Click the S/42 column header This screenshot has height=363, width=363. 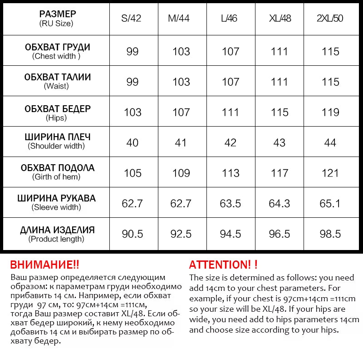click(132, 19)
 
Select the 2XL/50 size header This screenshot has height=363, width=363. click(330, 19)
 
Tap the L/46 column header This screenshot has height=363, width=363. click(231, 19)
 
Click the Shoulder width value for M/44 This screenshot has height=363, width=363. click(181, 142)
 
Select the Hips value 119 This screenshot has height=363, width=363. click(330, 112)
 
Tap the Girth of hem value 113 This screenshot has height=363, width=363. click(231, 173)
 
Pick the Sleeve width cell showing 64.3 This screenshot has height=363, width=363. click(280, 203)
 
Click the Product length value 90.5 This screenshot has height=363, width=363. click(132, 234)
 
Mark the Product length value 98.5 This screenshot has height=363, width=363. click(330, 234)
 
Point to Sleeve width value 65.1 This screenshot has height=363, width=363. click(330, 203)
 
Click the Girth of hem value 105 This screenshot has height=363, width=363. click(132, 173)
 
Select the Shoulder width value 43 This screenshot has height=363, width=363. click(280, 142)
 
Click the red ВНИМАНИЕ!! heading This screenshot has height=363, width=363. click(44, 265)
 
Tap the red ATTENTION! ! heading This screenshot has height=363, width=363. click(223, 265)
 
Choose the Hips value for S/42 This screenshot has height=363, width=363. click(132, 112)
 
